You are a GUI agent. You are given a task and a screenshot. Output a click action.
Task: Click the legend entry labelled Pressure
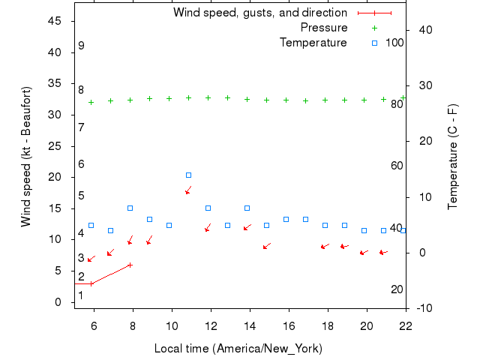(324, 28)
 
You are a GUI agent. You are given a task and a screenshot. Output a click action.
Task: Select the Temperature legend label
(313, 43)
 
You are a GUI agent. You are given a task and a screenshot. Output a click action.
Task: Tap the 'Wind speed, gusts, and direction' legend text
(259, 13)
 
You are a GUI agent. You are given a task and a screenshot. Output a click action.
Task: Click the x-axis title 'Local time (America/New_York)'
(238, 349)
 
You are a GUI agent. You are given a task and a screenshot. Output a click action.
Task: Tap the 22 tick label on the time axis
(406, 325)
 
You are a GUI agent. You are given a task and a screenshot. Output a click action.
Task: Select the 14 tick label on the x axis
(250, 325)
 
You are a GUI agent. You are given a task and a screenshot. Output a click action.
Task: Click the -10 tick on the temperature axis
(422, 308)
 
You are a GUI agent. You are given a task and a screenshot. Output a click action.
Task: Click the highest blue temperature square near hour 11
(188, 175)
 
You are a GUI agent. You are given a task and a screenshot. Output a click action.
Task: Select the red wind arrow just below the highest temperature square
(188, 190)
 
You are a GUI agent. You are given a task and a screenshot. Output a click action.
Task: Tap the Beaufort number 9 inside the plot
(81, 46)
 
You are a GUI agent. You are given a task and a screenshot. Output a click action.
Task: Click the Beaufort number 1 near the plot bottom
(81, 295)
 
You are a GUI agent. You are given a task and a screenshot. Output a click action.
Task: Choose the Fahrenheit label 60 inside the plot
(397, 166)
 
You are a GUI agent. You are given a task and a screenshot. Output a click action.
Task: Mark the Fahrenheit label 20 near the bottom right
(397, 289)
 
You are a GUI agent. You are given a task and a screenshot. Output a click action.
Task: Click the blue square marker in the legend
(375, 43)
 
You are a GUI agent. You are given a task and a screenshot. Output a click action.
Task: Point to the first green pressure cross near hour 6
(91, 102)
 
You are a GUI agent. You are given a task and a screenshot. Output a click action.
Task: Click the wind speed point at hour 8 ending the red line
(130, 265)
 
